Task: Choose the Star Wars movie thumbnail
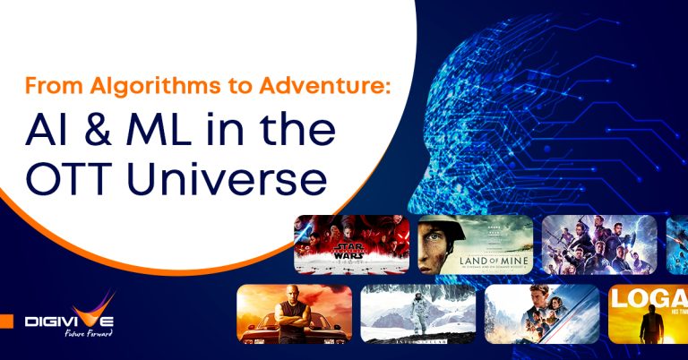351,244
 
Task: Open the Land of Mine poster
475,244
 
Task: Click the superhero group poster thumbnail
598,244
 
